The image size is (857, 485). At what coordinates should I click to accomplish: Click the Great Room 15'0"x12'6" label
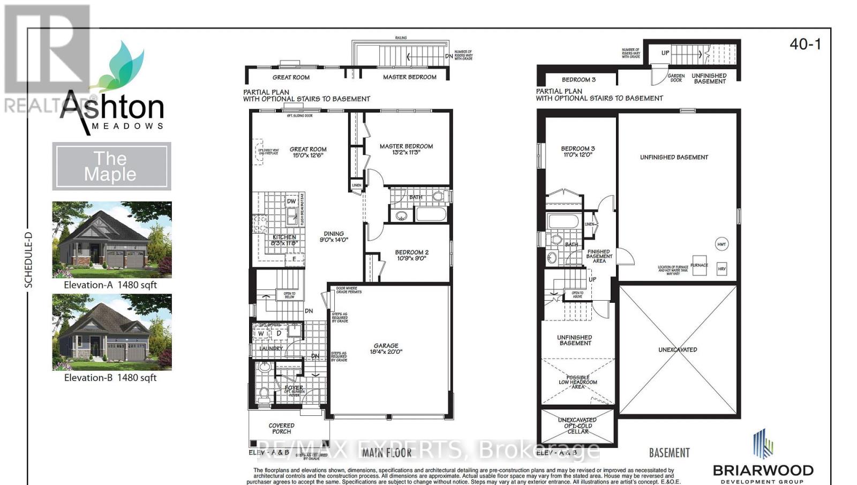[308, 152]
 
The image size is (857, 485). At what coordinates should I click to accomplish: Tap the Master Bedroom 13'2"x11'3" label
[406, 149]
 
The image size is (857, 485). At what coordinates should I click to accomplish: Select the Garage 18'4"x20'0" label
[386, 349]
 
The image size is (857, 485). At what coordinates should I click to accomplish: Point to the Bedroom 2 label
[411, 255]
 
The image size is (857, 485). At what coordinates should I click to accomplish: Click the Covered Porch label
[281, 428]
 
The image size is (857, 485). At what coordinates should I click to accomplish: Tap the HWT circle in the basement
[721, 244]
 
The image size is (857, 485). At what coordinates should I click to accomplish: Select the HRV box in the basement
[721, 269]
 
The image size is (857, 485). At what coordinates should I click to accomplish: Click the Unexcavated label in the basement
[678, 349]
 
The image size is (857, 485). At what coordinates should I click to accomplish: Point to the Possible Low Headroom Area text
[577, 382]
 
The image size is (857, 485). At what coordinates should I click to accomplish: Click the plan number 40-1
[805, 44]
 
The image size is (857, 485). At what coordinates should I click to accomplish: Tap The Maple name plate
[111, 166]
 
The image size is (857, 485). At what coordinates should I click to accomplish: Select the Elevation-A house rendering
[112, 239]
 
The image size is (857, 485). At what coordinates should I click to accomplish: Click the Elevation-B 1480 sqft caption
[110, 377]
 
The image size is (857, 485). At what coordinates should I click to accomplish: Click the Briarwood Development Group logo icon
[762, 444]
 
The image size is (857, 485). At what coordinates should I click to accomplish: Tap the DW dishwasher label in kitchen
[291, 202]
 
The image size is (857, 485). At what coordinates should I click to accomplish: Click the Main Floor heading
[387, 453]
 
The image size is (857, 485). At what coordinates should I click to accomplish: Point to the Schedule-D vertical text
[29, 259]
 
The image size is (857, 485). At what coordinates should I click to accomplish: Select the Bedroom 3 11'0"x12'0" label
[577, 152]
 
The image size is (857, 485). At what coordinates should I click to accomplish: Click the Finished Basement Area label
[599, 256]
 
